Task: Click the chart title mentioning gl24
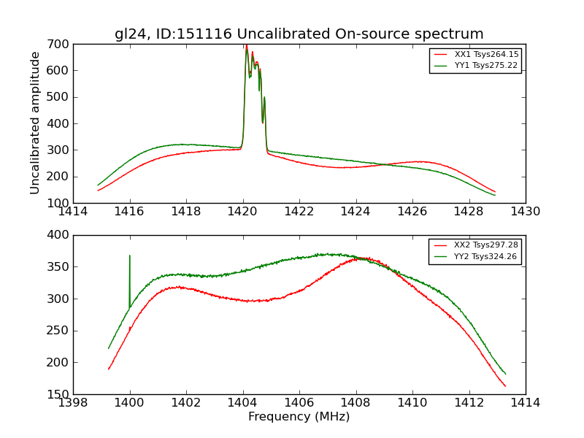point(299,34)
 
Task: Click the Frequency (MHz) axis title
point(299,417)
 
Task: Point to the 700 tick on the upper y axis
point(61,45)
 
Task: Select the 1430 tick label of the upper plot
point(525,212)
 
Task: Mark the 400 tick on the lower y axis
point(61,235)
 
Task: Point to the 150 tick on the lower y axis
point(61,394)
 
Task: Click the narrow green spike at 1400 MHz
point(130,257)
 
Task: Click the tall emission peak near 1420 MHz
point(247,47)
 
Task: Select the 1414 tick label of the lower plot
point(525,403)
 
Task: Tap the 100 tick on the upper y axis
point(61,203)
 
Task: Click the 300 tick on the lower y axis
point(61,299)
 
